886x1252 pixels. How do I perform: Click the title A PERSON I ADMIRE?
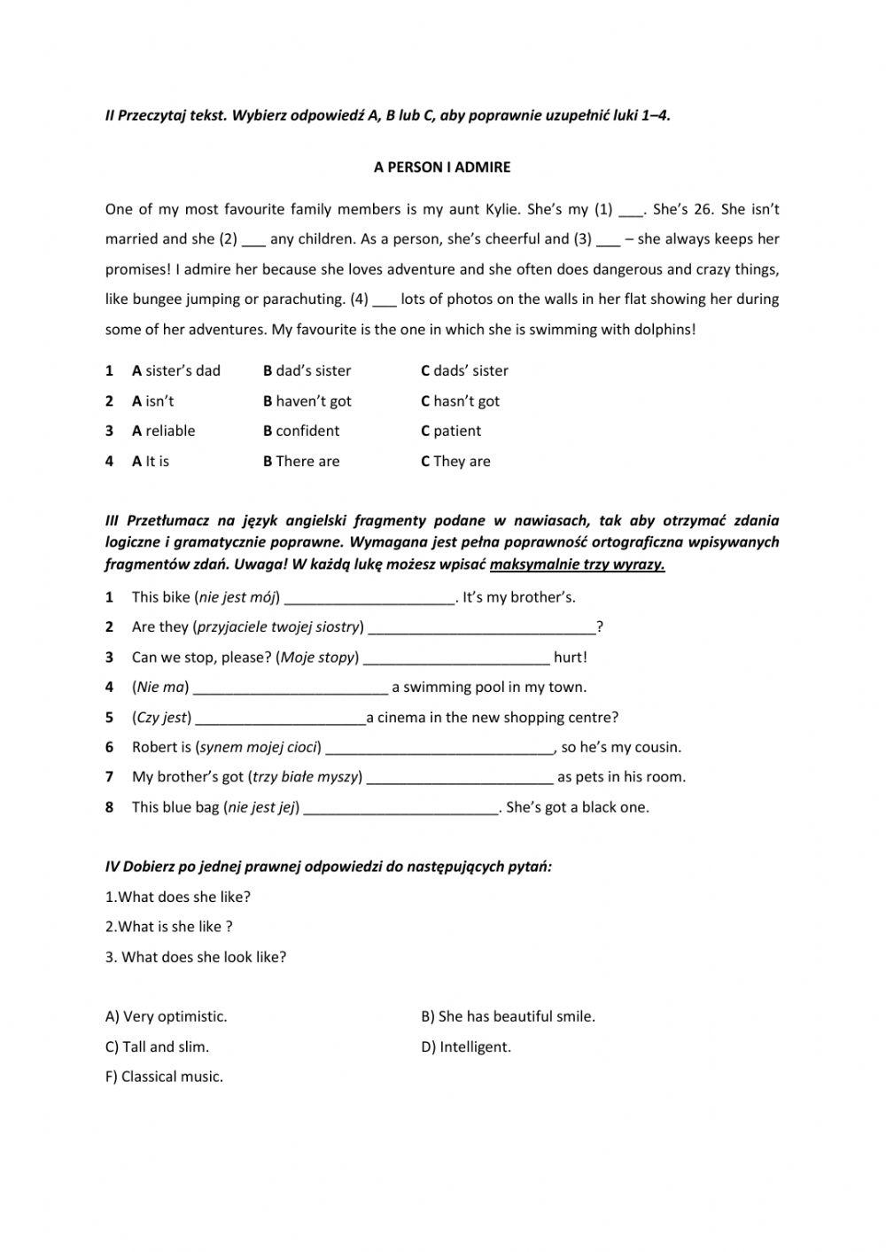[x=442, y=167]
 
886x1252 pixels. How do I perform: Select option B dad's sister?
[x=307, y=370]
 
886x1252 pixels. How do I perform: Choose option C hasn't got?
[x=460, y=400]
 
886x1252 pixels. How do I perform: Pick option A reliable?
[x=163, y=431]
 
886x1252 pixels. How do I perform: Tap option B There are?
[x=301, y=461]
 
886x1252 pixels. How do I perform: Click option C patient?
[x=451, y=431]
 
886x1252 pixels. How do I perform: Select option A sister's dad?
[x=175, y=370]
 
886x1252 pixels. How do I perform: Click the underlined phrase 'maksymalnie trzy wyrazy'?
[x=577, y=564]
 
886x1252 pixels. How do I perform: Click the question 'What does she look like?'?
[x=196, y=957]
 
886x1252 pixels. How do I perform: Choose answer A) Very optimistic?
[x=166, y=1016]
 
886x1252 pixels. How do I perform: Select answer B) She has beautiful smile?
[x=508, y=1016]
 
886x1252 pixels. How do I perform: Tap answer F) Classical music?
[x=164, y=1077]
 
